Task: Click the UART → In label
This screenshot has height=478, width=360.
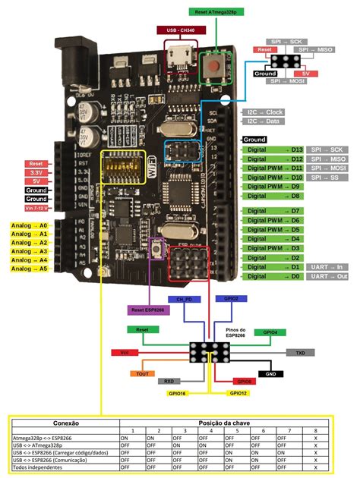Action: point(330,267)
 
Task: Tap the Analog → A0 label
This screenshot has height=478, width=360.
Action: point(29,226)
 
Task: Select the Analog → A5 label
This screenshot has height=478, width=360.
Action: point(29,269)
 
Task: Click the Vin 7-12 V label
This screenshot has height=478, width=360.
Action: point(36,207)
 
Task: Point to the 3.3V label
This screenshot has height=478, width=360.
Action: point(36,172)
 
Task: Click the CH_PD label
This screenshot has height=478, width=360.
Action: point(183,300)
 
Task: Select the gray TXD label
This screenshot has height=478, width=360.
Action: point(300,353)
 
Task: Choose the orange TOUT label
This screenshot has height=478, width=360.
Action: point(142,373)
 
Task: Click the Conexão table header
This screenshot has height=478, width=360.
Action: point(65,423)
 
